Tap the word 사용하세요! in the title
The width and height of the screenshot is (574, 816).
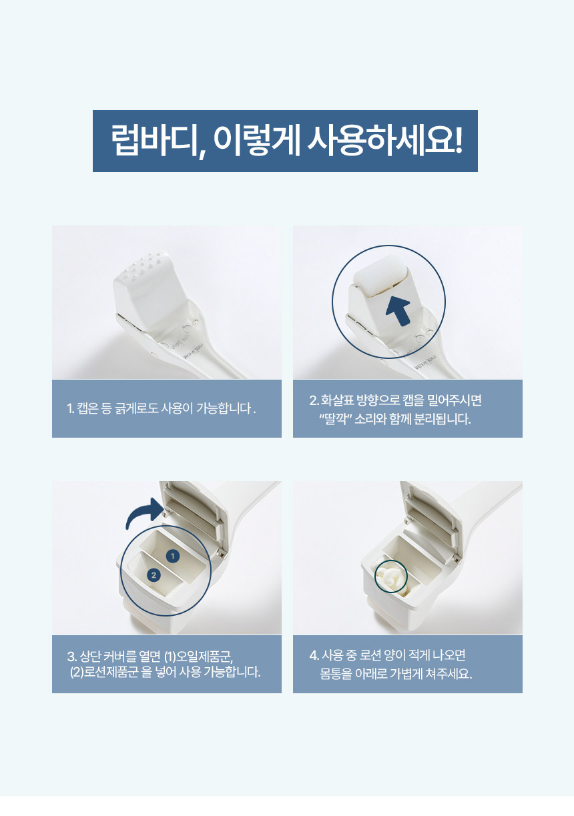(384, 140)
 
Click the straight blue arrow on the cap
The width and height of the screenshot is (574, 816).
(398, 310)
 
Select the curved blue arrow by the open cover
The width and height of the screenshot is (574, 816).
(144, 513)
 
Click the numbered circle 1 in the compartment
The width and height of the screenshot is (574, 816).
(172, 556)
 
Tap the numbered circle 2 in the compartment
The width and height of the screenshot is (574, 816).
(154, 575)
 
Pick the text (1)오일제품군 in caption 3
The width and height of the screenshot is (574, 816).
(198, 657)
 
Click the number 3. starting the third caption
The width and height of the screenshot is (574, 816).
(72, 657)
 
